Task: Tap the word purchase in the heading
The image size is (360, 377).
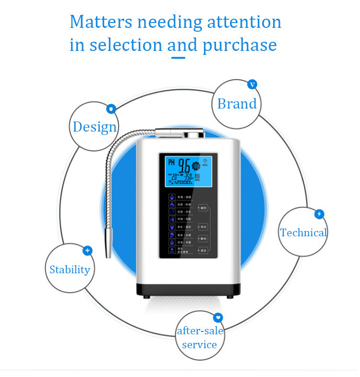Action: (x=240, y=45)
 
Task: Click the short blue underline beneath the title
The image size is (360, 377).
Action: (x=179, y=58)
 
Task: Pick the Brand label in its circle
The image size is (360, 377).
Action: (x=237, y=104)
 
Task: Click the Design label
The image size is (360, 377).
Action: (x=95, y=127)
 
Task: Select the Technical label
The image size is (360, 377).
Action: (x=303, y=233)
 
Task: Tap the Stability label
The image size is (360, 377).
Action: (x=70, y=269)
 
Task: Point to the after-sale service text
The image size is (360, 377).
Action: (x=200, y=338)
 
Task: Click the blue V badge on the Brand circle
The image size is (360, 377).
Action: (x=252, y=85)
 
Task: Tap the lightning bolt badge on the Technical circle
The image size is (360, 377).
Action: (x=319, y=214)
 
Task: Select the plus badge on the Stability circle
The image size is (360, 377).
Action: (x=87, y=250)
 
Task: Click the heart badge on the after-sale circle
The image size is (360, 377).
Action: (x=218, y=317)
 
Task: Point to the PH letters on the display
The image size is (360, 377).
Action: (x=171, y=163)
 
